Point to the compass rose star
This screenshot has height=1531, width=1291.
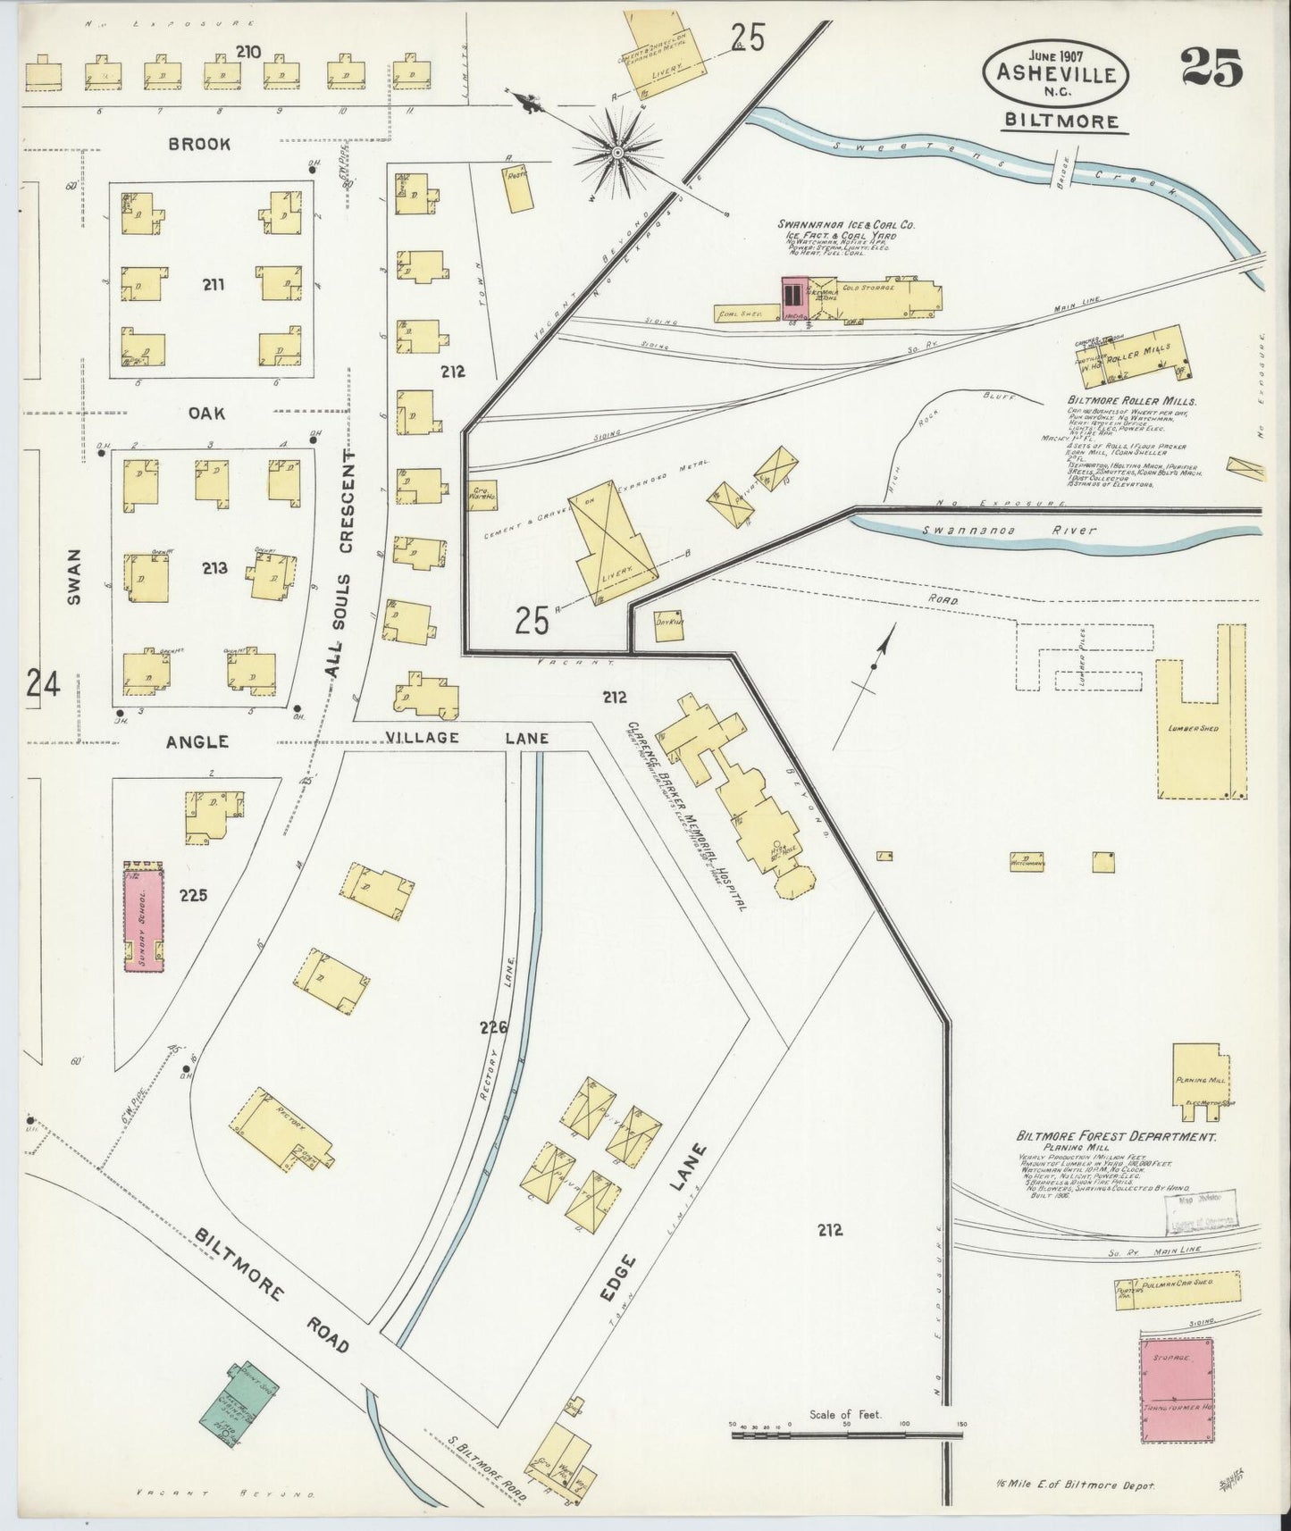(616, 154)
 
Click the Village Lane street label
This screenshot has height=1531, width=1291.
(466, 738)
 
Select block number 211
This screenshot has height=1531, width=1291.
(213, 286)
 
